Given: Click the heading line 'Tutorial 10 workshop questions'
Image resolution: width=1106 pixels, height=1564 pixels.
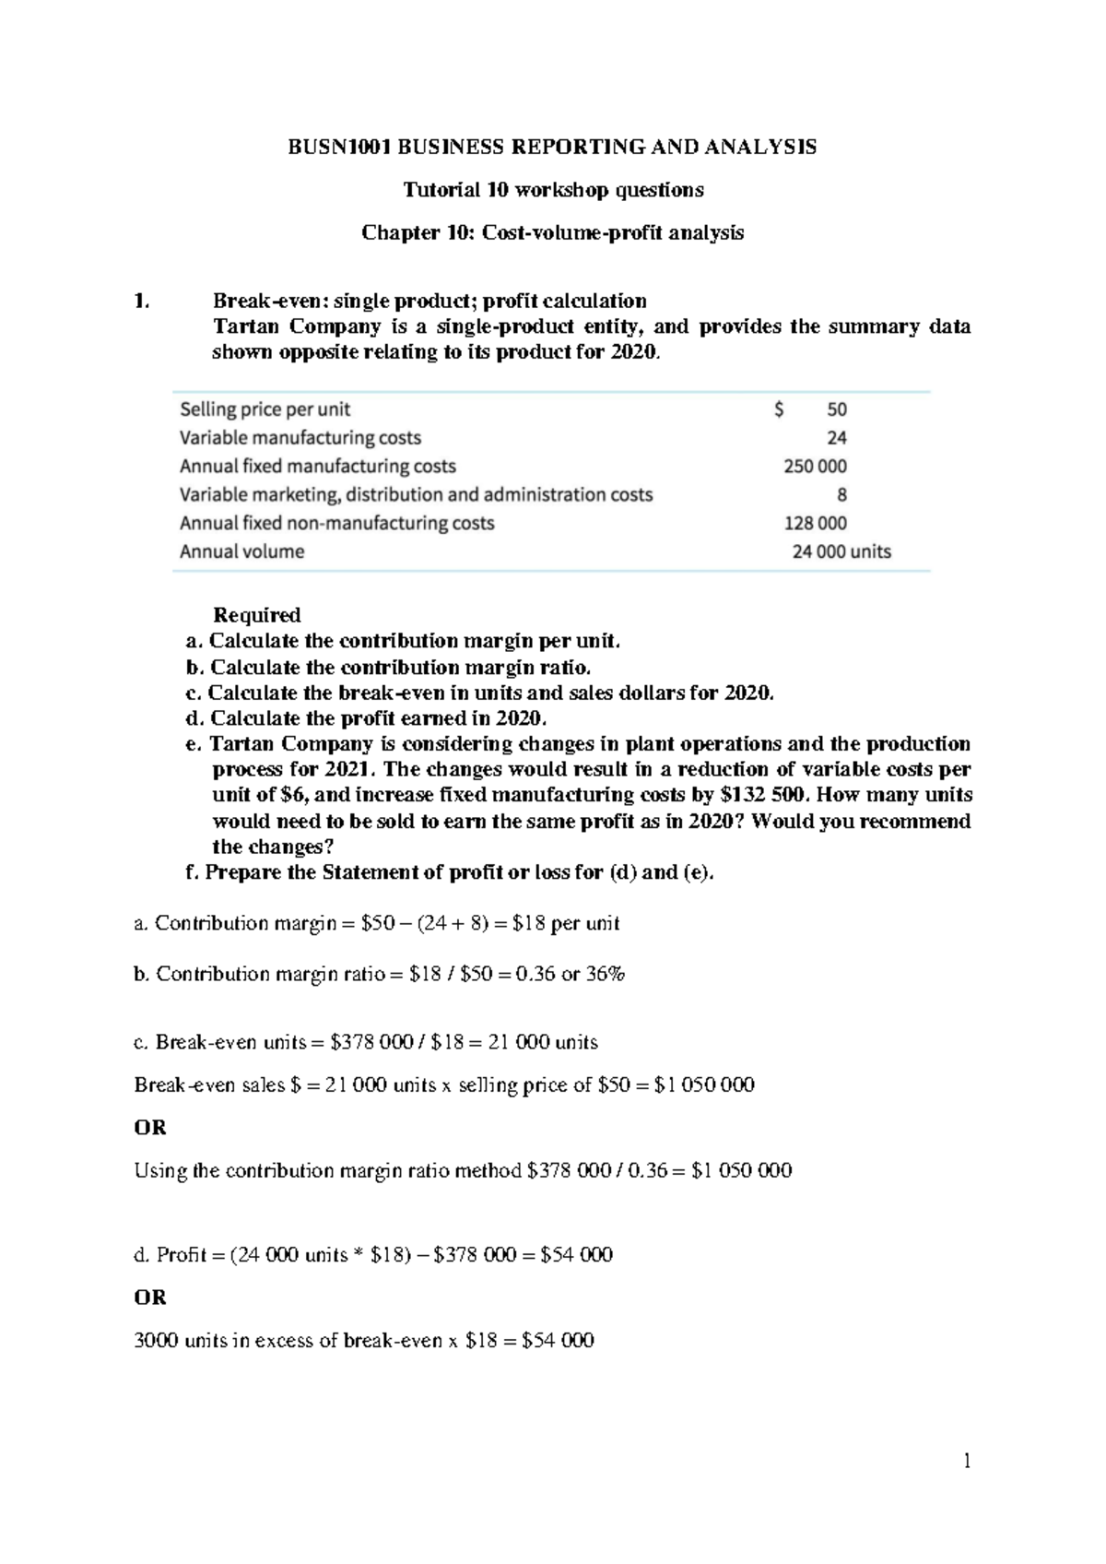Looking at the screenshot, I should (x=553, y=190).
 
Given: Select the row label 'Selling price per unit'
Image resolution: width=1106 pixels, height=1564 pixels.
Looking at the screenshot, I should (x=265, y=409).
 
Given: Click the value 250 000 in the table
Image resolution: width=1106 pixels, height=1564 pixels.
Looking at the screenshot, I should (x=815, y=467).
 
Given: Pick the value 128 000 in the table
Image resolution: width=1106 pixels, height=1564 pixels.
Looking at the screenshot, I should (x=815, y=524).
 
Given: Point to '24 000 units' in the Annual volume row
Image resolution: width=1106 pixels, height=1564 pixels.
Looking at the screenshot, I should (x=841, y=552).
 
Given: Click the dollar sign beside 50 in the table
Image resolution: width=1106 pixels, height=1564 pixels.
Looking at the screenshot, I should (x=780, y=409).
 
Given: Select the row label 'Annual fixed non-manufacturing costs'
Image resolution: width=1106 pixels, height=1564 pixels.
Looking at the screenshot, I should (x=337, y=524).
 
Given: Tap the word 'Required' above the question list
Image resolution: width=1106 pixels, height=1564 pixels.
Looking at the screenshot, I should (x=257, y=615).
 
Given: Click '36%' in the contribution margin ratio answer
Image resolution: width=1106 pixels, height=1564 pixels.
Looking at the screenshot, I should (x=605, y=974).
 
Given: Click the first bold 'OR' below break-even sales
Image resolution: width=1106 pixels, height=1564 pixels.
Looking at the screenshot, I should (x=150, y=1127).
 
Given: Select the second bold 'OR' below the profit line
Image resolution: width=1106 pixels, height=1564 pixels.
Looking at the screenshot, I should (x=150, y=1297).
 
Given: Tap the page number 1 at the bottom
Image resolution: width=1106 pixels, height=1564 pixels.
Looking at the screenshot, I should (x=967, y=1461).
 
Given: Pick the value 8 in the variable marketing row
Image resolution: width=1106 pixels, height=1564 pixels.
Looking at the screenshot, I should (x=841, y=495).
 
